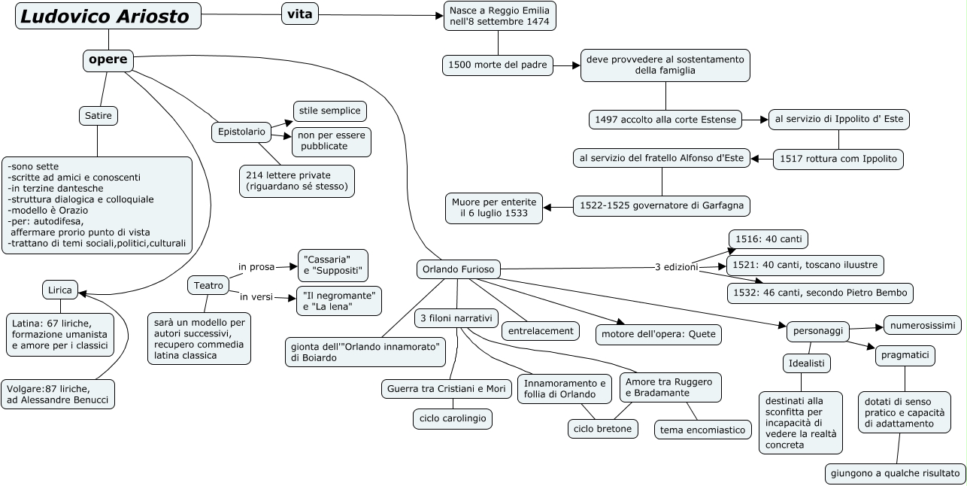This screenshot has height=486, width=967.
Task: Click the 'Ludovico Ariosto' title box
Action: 108,17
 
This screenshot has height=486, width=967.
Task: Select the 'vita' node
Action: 299,14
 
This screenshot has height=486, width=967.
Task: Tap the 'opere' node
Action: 108,59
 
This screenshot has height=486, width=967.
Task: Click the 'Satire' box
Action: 99,116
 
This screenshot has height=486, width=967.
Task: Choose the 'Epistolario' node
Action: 241,132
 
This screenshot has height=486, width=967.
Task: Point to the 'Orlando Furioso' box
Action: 458,269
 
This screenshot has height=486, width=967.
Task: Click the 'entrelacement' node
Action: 541,330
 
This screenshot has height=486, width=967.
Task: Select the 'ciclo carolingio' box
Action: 453,418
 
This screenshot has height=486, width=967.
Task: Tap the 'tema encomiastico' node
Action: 703,430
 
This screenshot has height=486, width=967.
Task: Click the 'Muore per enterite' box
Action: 494,208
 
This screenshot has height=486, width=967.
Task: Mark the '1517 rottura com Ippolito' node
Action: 838,159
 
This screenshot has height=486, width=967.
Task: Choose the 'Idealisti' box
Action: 807,363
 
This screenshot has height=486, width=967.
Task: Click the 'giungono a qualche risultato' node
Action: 896,473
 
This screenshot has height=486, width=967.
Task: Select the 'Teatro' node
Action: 208,285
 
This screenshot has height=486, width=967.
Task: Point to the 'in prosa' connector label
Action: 256,266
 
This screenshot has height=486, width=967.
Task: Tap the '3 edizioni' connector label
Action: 677,267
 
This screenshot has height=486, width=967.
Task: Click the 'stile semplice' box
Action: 329,111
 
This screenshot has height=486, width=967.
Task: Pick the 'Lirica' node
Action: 60,290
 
